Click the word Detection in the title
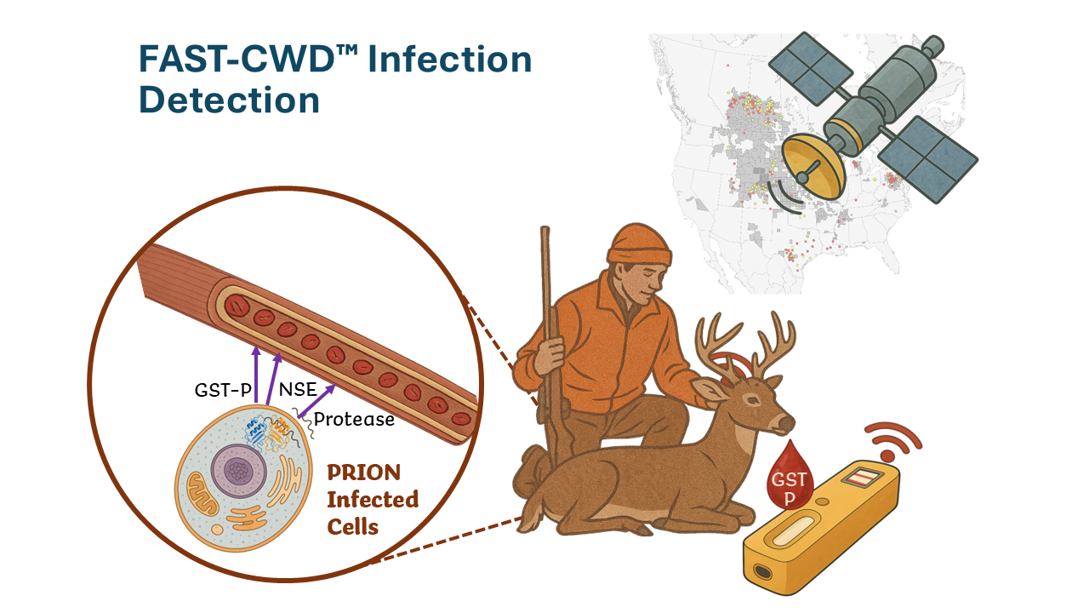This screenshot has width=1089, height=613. (229, 100)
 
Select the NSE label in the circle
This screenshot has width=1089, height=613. (298, 391)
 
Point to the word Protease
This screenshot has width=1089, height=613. (354, 419)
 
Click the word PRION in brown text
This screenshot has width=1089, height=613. (363, 472)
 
